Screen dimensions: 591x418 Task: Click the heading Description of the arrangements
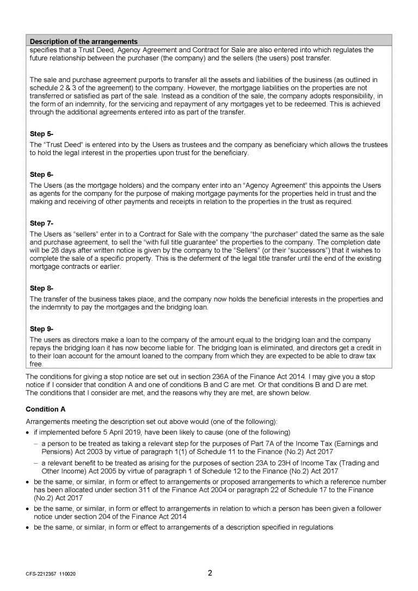click(x=83, y=41)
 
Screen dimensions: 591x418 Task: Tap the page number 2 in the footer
click(x=210, y=572)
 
